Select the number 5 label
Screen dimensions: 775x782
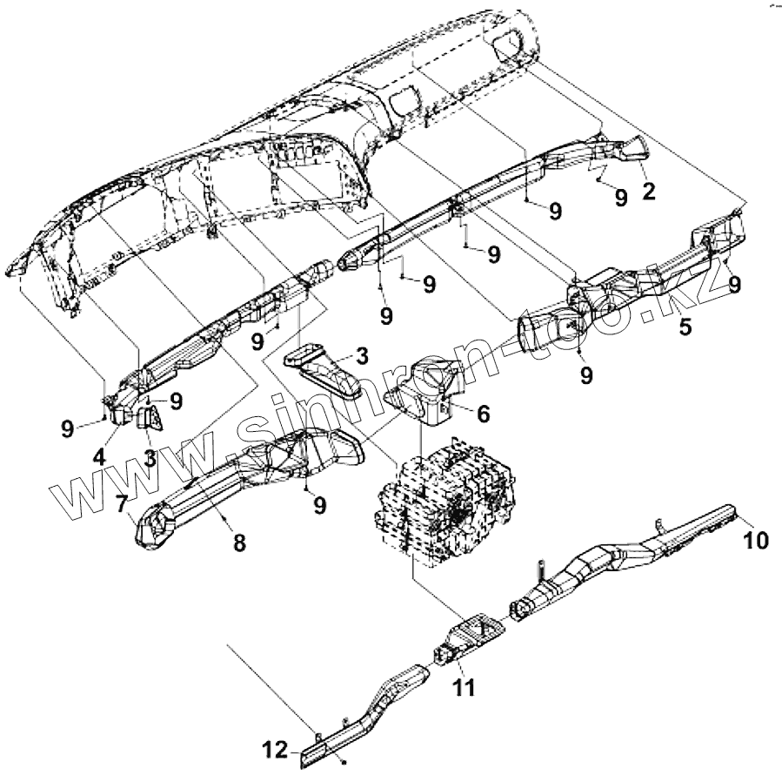coord(685,328)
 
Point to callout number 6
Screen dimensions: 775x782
coord(483,414)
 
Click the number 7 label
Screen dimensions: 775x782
coord(121,503)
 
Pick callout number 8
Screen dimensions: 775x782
coord(238,542)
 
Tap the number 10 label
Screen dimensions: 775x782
coord(756,541)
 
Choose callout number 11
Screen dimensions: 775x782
coord(465,687)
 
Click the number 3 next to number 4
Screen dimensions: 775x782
coord(150,456)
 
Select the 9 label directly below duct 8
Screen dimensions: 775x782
coord(321,503)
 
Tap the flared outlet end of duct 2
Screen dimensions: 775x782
coord(633,150)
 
